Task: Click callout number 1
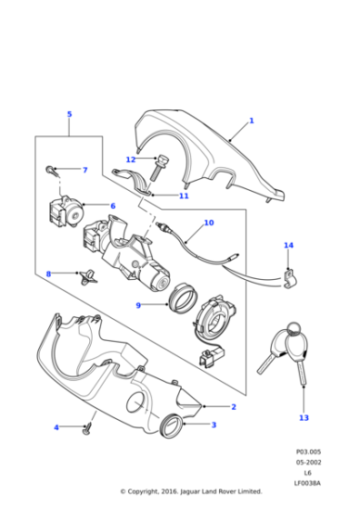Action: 251,121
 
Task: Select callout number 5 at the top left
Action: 69,114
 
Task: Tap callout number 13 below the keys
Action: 304,418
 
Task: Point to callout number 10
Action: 208,223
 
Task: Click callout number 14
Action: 288,245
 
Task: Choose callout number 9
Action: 138,304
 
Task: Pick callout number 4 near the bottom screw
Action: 55,427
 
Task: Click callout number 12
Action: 131,160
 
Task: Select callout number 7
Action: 85,170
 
